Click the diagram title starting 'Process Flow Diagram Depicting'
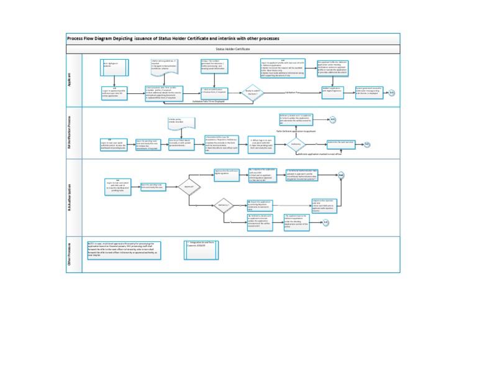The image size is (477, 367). point(173,39)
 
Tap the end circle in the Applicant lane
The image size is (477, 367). point(392,93)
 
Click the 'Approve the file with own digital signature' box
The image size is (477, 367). point(227,172)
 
